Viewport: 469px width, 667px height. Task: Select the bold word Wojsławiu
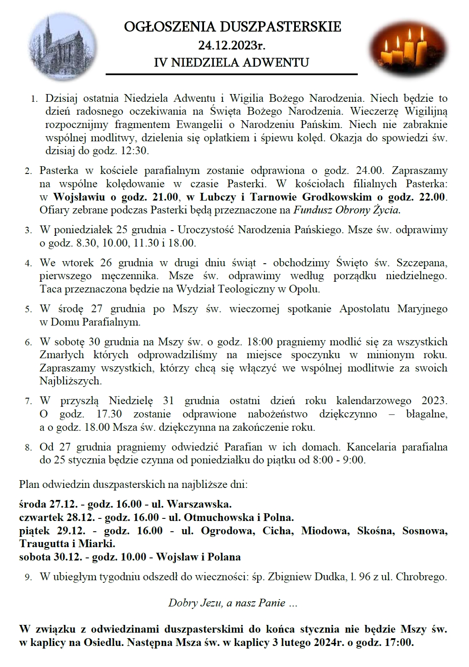[79, 197]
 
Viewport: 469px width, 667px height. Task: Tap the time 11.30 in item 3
[146, 243]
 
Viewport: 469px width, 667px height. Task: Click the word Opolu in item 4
[305, 289]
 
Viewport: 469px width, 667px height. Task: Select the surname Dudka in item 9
[328, 577]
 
